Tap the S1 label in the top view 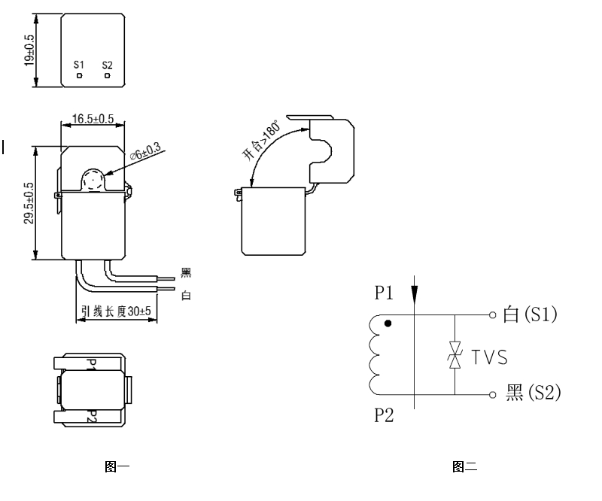(x=79, y=65)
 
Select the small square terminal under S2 (x=108, y=76)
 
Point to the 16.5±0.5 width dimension (x=93, y=119)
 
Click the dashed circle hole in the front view (x=93, y=180)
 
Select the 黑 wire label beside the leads (x=187, y=273)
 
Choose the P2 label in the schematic (x=385, y=416)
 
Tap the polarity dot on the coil (x=388, y=324)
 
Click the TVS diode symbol (x=454, y=355)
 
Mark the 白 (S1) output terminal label (x=530, y=315)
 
